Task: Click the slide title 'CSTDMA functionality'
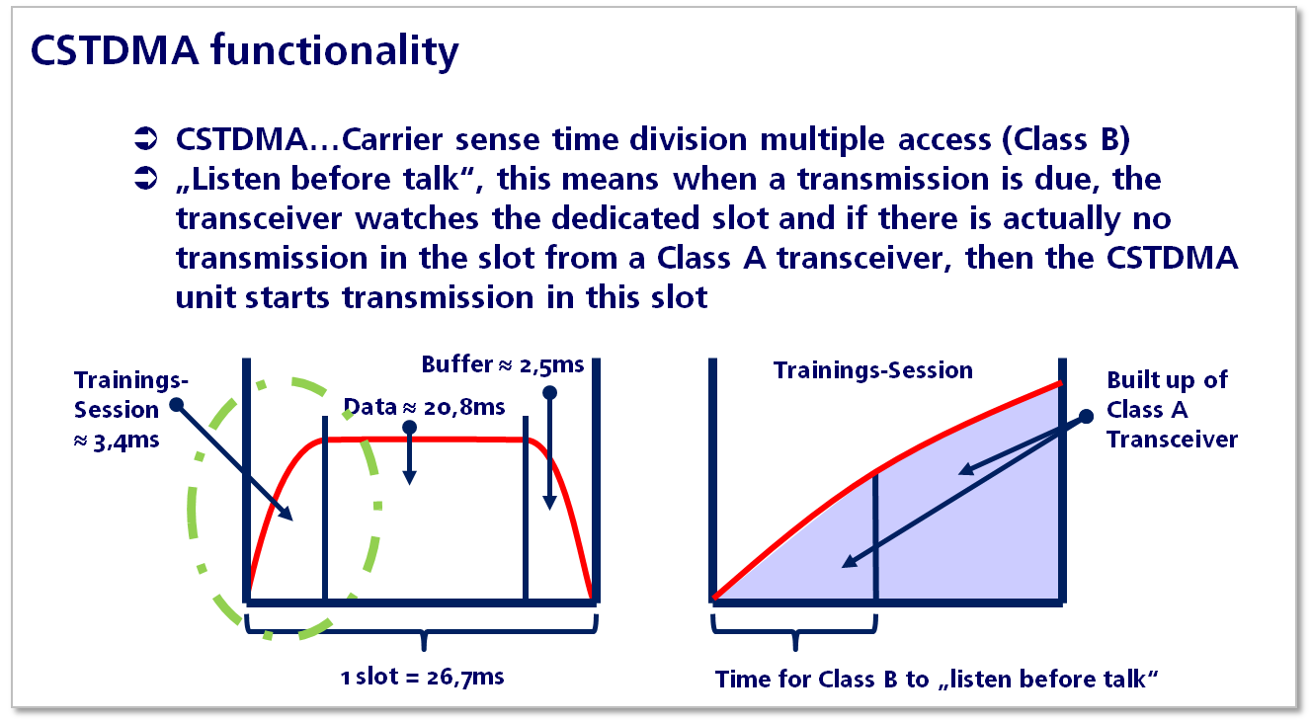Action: pyautogui.click(x=244, y=51)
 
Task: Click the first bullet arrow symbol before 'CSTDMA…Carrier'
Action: pyautogui.click(x=146, y=139)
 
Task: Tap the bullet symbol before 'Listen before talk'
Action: pyautogui.click(x=146, y=179)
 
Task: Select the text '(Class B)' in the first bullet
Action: pyautogui.click(x=1065, y=140)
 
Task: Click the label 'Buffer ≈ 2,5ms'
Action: pyautogui.click(x=503, y=365)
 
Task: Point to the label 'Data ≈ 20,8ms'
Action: pyautogui.click(x=424, y=407)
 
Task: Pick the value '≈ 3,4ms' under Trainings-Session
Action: pyautogui.click(x=117, y=441)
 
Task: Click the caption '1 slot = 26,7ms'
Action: pyautogui.click(x=422, y=677)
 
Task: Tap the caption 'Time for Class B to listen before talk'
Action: pyautogui.click(x=937, y=680)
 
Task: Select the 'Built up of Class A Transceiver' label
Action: pyautogui.click(x=1172, y=410)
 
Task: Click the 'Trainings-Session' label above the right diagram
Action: pyautogui.click(x=872, y=370)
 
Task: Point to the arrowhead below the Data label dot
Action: pyautogui.click(x=410, y=476)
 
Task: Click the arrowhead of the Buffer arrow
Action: pyautogui.click(x=549, y=503)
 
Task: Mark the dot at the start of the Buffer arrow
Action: pyautogui.click(x=549, y=392)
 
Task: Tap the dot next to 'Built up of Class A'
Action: pyautogui.click(x=1086, y=416)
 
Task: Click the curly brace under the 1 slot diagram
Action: pyautogui.click(x=423, y=632)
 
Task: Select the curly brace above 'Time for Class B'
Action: pyautogui.click(x=794, y=632)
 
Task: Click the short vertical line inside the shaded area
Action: pyautogui.click(x=875, y=535)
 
